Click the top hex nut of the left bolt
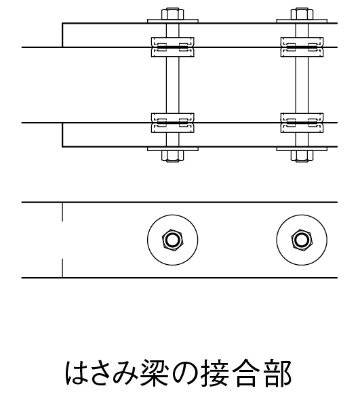coord(173,14)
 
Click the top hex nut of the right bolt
coord(302,14)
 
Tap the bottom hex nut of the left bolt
coord(173,156)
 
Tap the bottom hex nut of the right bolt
coord(302,156)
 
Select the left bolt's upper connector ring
coord(173,47)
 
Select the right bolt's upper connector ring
coord(302,47)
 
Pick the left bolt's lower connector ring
coord(173,123)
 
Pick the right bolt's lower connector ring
coord(302,123)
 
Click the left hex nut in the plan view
coord(173,240)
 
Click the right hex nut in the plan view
coord(302,240)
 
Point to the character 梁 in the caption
coord(155,373)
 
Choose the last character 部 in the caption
coord(278,373)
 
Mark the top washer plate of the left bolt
coord(173,21)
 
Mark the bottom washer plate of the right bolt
coord(302,149)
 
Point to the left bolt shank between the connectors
coord(173,85)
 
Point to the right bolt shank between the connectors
coord(302,85)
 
